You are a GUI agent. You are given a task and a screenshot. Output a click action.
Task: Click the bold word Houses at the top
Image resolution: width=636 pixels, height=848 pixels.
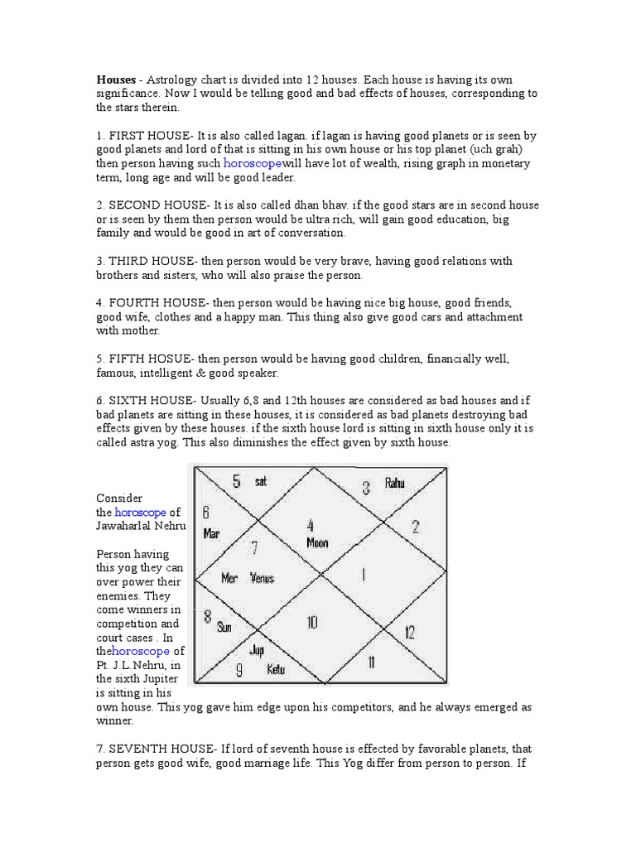(116, 79)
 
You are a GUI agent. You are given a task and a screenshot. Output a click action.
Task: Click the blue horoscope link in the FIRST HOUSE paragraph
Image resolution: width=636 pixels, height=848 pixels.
(253, 164)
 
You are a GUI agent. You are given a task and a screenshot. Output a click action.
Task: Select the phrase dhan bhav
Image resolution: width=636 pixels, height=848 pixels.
(307, 205)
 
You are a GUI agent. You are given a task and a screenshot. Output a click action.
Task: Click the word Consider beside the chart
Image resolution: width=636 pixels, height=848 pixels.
(120, 498)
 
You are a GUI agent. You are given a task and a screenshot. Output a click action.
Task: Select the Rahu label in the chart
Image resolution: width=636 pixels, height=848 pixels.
(395, 483)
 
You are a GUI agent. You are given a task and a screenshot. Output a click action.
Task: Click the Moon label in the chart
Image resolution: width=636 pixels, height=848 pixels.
(317, 543)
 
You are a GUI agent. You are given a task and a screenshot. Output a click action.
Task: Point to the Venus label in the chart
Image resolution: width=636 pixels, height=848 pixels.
(263, 578)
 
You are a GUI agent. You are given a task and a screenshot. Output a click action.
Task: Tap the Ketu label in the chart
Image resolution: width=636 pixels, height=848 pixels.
(276, 669)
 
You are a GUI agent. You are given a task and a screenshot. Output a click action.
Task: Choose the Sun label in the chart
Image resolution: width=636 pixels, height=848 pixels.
(224, 627)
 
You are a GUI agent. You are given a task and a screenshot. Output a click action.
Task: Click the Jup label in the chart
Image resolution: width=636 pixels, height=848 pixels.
(257, 649)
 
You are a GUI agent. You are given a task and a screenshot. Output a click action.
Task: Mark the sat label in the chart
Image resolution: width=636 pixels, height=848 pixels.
(261, 481)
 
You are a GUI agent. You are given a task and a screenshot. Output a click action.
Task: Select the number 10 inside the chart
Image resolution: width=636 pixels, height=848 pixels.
(312, 622)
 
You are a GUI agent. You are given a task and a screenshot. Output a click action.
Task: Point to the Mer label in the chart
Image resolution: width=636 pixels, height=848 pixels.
(229, 578)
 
